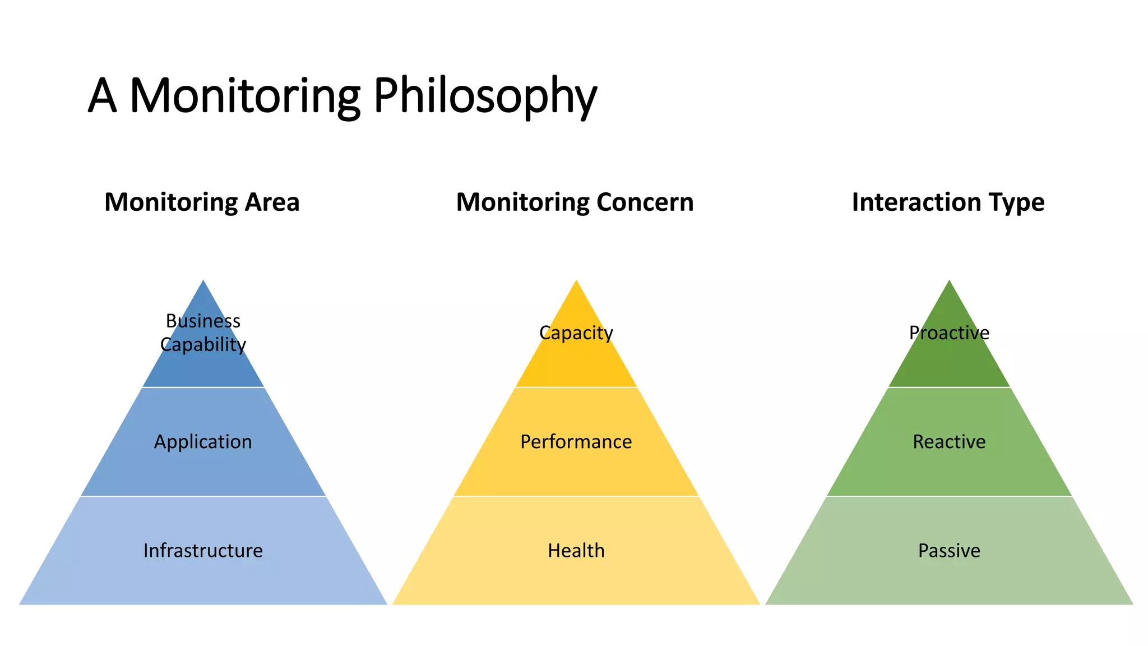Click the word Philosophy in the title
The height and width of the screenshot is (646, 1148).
pos(485,96)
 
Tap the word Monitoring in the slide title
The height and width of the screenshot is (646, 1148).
pos(245,96)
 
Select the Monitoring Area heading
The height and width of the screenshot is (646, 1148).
pos(202,202)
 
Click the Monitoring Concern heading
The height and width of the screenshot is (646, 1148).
pos(575,202)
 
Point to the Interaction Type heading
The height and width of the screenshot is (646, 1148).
pos(948,202)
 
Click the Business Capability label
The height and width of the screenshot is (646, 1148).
pos(203,333)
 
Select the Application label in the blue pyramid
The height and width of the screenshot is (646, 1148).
pos(203,442)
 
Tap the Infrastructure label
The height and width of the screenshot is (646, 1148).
pos(203,551)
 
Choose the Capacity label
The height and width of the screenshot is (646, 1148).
pos(576,333)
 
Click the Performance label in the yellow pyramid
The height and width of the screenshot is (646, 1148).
pos(576,442)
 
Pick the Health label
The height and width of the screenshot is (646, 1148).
pos(576,551)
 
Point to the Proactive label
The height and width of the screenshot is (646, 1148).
pos(949,333)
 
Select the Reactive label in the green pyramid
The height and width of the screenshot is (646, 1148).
pos(949,442)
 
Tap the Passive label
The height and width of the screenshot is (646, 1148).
pos(949,551)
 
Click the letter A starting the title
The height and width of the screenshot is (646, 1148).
pos(102,96)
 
